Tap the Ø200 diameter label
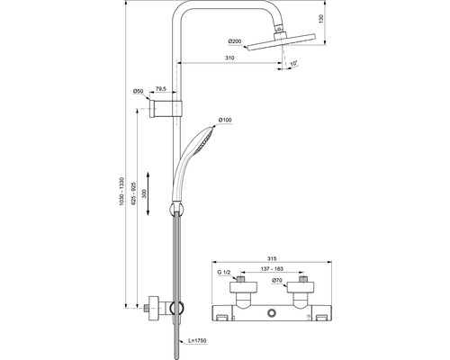tap(235, 41)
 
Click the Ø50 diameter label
tap(139, 91)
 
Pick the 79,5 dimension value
tap(159, 89)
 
